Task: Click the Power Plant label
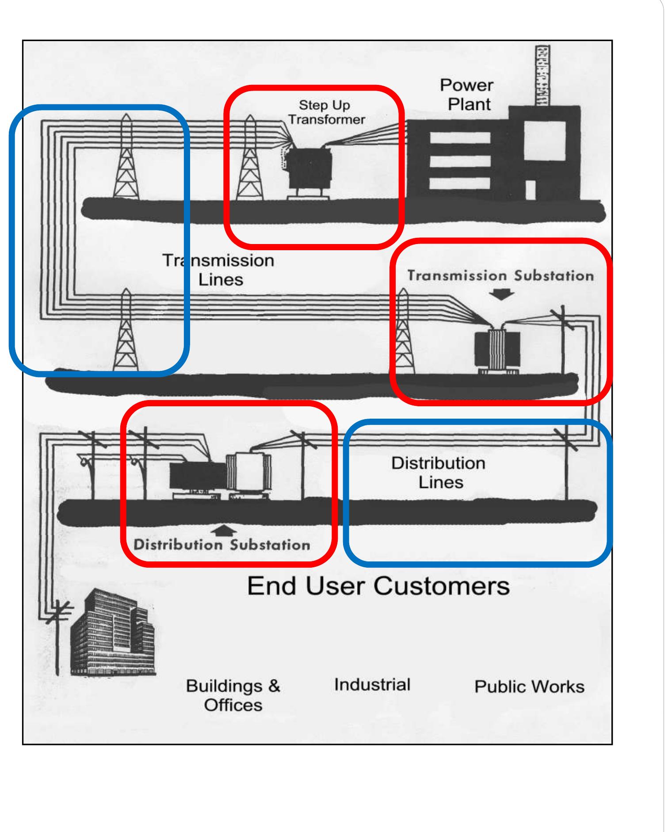467,95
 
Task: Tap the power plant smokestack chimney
542,75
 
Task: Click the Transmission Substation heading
500,276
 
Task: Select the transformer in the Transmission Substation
496,352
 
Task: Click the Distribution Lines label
439,473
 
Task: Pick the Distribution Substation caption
221,545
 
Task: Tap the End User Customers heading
378,586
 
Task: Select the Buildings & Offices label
233,695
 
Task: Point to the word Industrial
372,684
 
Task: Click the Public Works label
529,687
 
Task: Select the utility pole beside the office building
57,637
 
